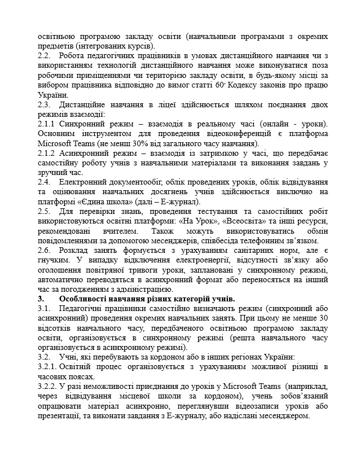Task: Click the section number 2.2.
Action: [44, 56]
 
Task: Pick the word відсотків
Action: [56, 328]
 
